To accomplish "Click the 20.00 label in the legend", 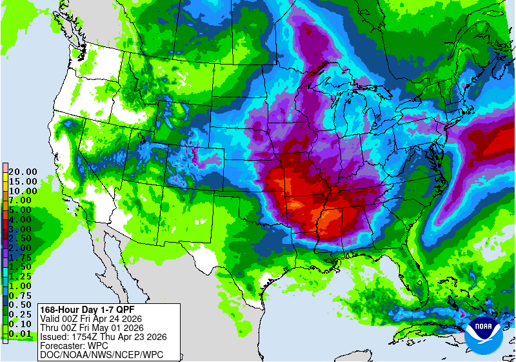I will pos(22,172).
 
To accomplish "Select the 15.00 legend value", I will pos(22,181).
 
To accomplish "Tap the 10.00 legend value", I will pos(22,191).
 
